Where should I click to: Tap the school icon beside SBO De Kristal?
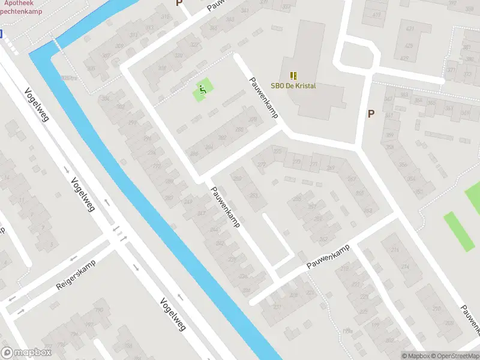click(x=293, y=76)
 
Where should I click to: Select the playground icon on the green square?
click(x=203, y=91)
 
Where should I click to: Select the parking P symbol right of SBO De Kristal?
click(x=371, y=113)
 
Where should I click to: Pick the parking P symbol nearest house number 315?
click(x=179, y=3)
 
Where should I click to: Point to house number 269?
click(x=332, y=167)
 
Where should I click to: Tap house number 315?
click(x=164, y=16)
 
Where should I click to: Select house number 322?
click(x=194, y=45)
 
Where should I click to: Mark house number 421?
click(x=410, y=29)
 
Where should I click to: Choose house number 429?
click(x=409, y=46)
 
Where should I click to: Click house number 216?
click(x=394, y=250)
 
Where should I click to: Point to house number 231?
click(x=277, y=307)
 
